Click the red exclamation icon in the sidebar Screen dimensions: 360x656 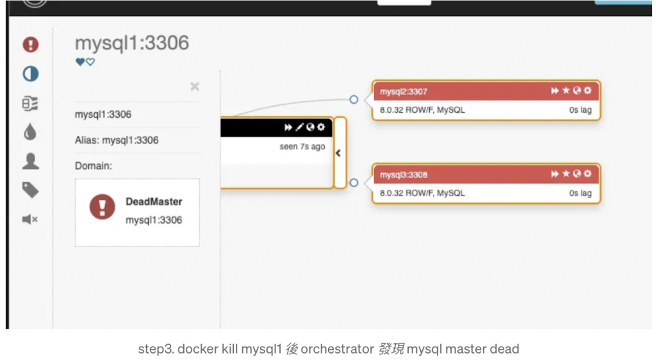tap(30, 45)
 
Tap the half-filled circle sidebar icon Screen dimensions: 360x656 tap(30, 74)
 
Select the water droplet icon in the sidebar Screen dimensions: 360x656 tap(30, 132)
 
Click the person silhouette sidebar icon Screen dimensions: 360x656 tap(30, 161)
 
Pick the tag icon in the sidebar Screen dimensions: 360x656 tap(30, 190)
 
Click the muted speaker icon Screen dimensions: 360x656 tap(30, 220)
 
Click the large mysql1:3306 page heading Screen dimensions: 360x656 tap(132, 43)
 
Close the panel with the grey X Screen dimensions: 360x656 tap(195, 86)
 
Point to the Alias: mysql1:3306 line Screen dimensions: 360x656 tap(117, 140)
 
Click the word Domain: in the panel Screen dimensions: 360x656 tap(94, 166)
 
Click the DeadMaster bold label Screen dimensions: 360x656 tap(154, 202)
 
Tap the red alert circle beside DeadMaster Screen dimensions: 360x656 tap(102, 207)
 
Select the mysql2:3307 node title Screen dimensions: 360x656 tap(404, 92)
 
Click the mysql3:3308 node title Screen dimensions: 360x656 tap(404, 175)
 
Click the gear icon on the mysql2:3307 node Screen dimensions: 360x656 tap(588, 91)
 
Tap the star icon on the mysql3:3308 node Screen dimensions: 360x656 tap(566, 174)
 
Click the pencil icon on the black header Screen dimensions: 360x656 tap(299, 127)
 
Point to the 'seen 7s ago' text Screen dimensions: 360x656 tap(302, 147)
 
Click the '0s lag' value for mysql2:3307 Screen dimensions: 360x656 tap(580, 110)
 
